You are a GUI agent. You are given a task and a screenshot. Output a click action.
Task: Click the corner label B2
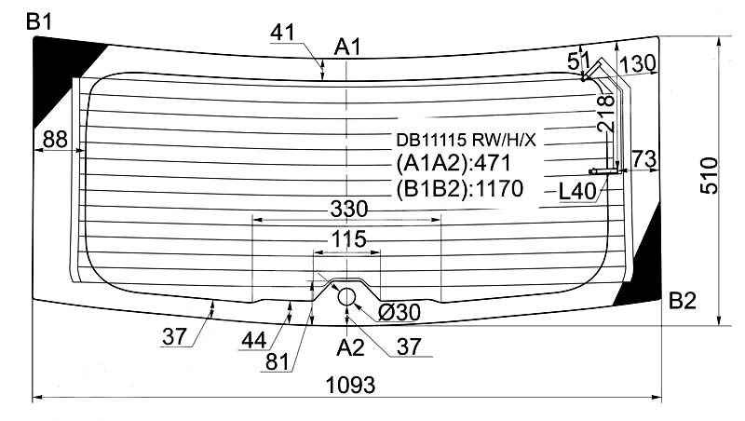coord(683,300)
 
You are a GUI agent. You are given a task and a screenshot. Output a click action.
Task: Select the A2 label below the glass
coord(350,347)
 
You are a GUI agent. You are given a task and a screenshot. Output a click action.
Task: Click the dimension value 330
coord(347,207)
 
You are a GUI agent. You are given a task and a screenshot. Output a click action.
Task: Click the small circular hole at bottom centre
coord(346,296)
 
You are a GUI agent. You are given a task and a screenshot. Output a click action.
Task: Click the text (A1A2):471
coord(454,164)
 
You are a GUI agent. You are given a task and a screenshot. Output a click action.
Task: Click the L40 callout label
coord(576,192)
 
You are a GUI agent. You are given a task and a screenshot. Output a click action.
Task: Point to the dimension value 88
coord(55,140)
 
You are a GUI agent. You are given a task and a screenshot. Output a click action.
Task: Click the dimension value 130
coord(637,63)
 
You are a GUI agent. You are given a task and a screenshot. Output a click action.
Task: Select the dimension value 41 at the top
coord(283,33)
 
